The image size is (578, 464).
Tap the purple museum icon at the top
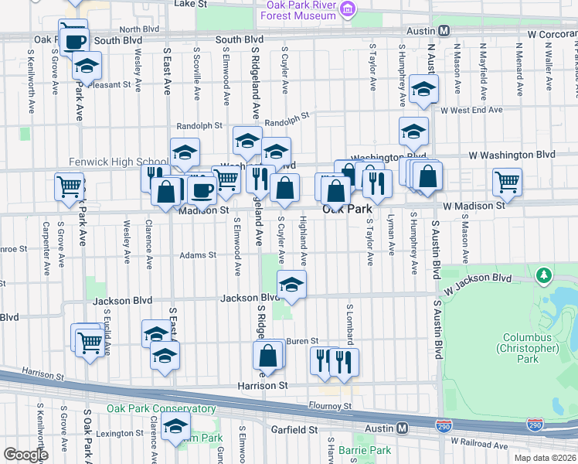point(348,9)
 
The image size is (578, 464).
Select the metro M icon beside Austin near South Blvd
point(444,31)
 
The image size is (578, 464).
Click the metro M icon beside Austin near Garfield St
point(402,428)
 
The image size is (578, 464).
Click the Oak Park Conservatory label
point(149,409)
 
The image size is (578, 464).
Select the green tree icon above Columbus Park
point(544,275)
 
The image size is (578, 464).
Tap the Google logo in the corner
point(25,455)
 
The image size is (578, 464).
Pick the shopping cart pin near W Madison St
point(508,183)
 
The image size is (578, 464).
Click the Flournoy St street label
point(329,405)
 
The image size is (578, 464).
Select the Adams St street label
point(198,254)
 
